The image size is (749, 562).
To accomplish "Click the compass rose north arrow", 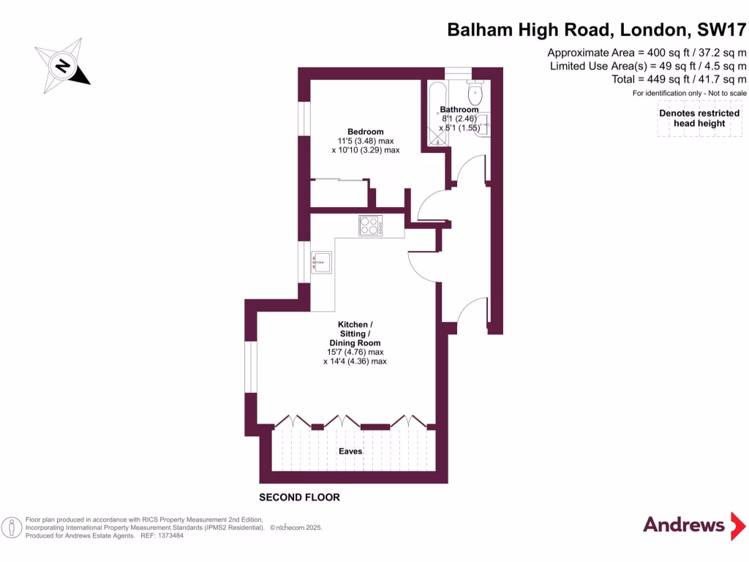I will [63, 67].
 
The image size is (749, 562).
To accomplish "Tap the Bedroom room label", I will [366, 132].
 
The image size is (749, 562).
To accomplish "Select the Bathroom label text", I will [459, 110].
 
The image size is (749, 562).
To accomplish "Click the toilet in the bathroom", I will [477, 91].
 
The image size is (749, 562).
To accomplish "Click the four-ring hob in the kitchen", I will [370, 226].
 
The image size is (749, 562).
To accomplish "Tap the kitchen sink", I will [322, 263].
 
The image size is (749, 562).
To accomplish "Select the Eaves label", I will [350, 452].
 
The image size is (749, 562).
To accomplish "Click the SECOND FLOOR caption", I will [300, 498].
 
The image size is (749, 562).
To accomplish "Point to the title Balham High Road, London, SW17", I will [597, 30].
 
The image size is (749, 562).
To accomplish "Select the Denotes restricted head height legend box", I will [700, 119].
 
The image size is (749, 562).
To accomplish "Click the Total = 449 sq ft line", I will [679, 79].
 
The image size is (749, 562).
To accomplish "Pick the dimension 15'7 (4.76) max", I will [355, 352].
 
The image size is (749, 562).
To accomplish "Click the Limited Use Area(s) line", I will [648, 66].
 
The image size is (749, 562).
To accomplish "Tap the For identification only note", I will [689, 93].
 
